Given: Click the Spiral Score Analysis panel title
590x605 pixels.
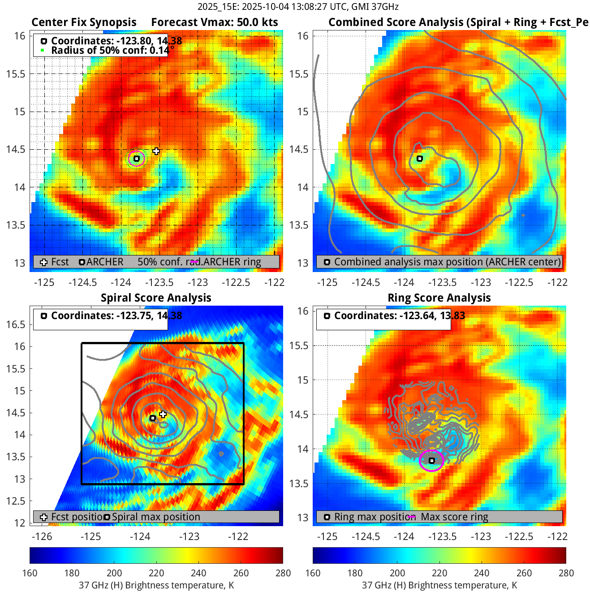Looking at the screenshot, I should (156, 298).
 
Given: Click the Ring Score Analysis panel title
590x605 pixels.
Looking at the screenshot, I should (439, 298).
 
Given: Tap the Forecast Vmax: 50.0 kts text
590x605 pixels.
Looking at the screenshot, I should (214, 22).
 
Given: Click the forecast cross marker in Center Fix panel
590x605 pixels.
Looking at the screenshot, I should (156, 151).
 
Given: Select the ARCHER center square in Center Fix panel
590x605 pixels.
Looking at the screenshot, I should (137, 159).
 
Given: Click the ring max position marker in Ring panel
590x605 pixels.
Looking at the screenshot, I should (432, 461).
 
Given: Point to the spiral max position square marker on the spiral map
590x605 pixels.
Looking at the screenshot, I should (153, 418).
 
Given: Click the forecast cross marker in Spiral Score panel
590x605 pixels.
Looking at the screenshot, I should (163, 414).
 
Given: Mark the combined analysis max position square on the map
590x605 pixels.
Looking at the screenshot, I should (420, 159).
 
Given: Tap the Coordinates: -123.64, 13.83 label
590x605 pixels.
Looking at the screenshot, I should (399, 316).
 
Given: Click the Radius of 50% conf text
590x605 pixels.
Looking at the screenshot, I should (110, 50).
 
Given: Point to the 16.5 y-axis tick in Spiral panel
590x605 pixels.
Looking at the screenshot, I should (16, 324).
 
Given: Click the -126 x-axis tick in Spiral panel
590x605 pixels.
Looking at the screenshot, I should (42, 536).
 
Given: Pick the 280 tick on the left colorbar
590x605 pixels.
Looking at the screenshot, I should (283, 573).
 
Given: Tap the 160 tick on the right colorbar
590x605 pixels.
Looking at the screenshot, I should (313, 573).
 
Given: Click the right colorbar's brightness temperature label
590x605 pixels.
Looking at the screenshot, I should (439, 585).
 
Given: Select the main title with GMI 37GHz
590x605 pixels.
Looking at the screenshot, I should (298, 7).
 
